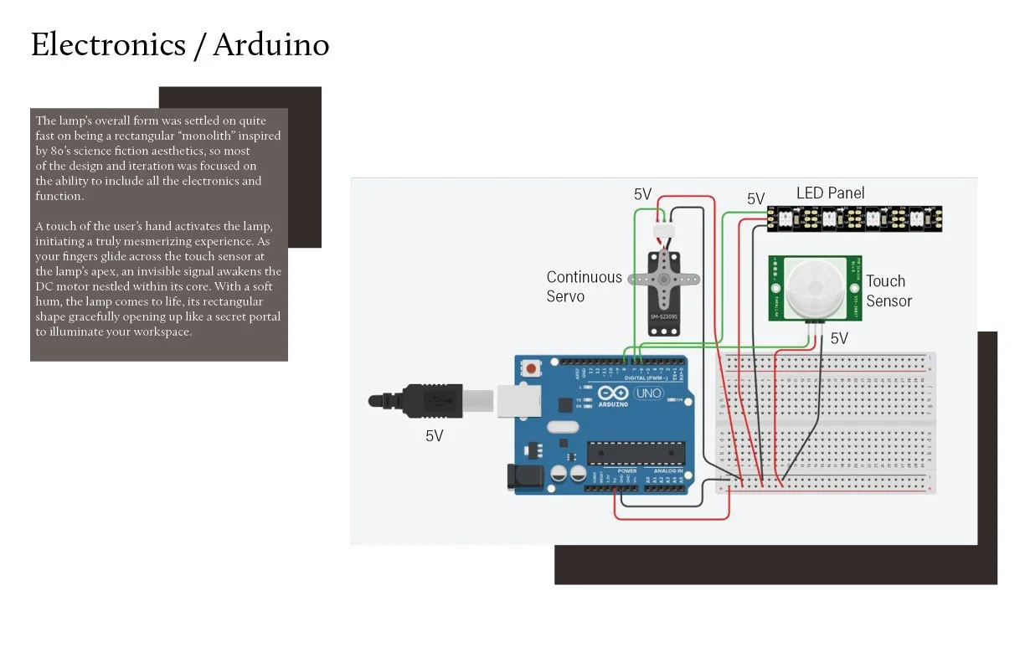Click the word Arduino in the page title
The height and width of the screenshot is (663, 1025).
point(270,44)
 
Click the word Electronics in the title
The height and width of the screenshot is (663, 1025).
point(107,44)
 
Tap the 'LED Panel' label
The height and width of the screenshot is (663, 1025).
point(830,193)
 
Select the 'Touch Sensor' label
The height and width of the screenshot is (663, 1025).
point(889,291)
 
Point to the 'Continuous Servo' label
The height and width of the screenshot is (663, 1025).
point(585,286)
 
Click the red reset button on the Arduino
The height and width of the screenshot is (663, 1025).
point(530,367)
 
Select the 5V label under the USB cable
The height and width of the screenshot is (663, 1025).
point(434,436)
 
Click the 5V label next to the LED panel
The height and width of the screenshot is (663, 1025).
point(755,199)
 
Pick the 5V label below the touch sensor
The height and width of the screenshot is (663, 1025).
point(839,338)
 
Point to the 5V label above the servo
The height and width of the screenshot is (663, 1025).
point(642,195)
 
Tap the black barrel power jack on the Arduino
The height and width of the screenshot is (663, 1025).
point(519,476)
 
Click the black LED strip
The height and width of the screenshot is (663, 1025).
point(854,218)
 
